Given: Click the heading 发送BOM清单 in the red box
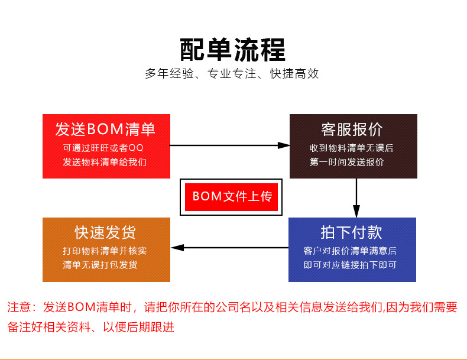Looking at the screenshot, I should click(105, 129).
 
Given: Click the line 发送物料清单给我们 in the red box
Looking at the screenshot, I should click(105, 162).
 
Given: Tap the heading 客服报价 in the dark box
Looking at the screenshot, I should click(353, 129).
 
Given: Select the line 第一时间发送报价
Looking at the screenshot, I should click(346, 162).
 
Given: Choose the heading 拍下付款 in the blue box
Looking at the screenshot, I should click(352, 232).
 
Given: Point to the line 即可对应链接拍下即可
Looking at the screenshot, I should click(350, 265).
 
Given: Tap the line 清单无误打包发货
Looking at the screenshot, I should click(100, 265).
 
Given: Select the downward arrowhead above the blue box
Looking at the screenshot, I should click(356, 211).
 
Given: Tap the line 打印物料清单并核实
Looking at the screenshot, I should click(105, 251).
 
